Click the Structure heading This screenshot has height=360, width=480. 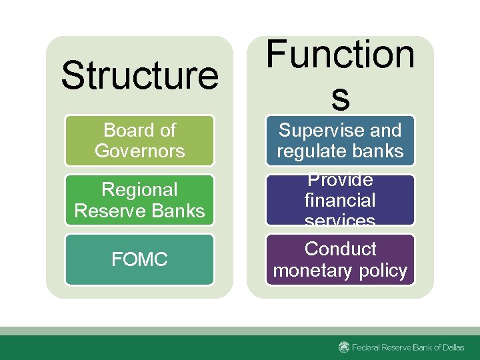click(x=139, y=75)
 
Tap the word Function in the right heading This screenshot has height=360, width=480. click(x=340, y=55)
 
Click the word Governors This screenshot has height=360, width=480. click(x=139, y=151)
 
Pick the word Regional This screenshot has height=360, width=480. click(x=139, y=190)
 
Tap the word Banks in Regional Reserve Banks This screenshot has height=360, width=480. click(x=178, y=211)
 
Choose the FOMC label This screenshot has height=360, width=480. click(x=139, y=259)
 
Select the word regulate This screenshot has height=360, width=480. click(x=311, y=151)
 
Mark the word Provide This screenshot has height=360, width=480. click(x=340, y=181)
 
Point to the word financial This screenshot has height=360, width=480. click(x=340, y=200)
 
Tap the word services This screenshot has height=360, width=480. click(x=340, y=219)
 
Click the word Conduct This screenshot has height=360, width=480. click(x=340, y=249)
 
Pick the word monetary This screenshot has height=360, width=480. click(x=313, y=270)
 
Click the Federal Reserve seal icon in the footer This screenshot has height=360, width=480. click(x=344, y=347)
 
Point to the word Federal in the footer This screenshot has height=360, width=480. click(x=367, y=347)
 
